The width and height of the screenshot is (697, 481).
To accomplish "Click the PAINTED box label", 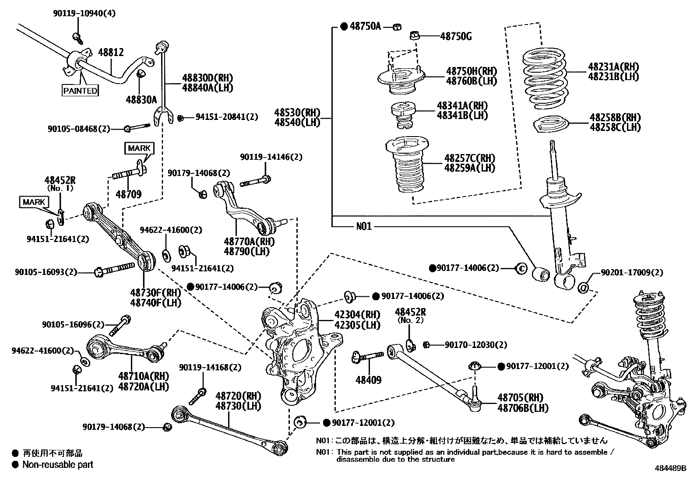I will point(80,91).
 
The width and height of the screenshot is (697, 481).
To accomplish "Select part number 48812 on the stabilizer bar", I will point(110,53).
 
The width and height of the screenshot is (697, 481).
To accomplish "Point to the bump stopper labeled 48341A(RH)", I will point(403,115).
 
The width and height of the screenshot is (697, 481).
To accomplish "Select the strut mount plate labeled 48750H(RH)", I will point(401,80).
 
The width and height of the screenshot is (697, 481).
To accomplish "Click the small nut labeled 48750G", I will point(415,35).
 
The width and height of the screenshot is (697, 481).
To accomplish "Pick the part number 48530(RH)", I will point(297,112).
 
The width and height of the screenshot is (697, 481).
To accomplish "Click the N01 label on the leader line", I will point(363,226).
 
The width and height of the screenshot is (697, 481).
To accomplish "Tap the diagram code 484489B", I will point(671,468).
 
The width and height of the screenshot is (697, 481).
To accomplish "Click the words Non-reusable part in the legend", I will point(58,464).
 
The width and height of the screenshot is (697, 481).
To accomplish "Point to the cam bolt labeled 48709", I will point(128,176).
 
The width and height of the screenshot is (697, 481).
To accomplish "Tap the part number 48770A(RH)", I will point(246,241).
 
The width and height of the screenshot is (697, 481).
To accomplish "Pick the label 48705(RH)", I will point(520,397).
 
